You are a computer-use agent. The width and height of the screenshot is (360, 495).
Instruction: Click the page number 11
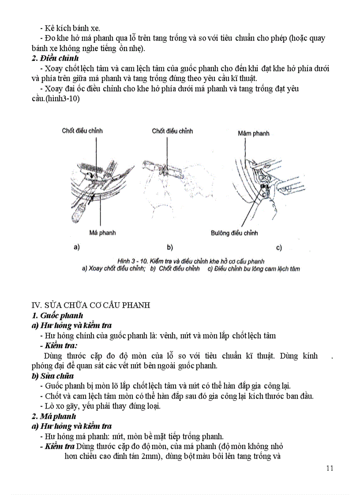click(330, 468)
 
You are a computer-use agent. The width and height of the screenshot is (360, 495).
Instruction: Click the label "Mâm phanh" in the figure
click(253, 133)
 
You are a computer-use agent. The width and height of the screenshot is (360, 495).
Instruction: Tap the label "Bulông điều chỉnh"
click(234, 233)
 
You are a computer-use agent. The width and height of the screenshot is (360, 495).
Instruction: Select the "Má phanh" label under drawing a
click(102, 233)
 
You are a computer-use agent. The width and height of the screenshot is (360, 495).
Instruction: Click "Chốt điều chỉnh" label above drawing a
click(82, 131)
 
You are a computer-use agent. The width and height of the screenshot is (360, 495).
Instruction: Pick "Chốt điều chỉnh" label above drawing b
click(172, 131)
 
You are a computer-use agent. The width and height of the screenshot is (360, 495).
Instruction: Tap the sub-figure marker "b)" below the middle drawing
click(170, 247)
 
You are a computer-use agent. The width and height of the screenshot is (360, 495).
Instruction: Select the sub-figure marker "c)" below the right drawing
click(279, 248)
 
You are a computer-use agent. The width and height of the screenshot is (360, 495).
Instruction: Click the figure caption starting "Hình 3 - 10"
click(191, 261)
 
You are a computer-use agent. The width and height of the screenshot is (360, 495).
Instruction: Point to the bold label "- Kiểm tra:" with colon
click(61, 346)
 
